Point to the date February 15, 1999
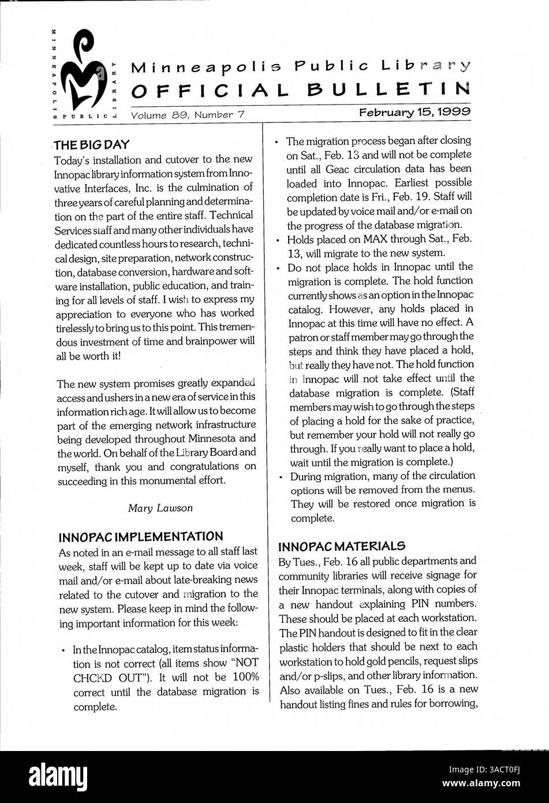coord(414,112)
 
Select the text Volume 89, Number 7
coord(188,115)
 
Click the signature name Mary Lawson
coord(160,508)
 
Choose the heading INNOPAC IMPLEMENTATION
coord(140,537)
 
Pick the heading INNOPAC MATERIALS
coord(342,546)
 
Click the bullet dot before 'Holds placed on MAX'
coord(278,239)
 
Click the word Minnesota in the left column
coord(212,438)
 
